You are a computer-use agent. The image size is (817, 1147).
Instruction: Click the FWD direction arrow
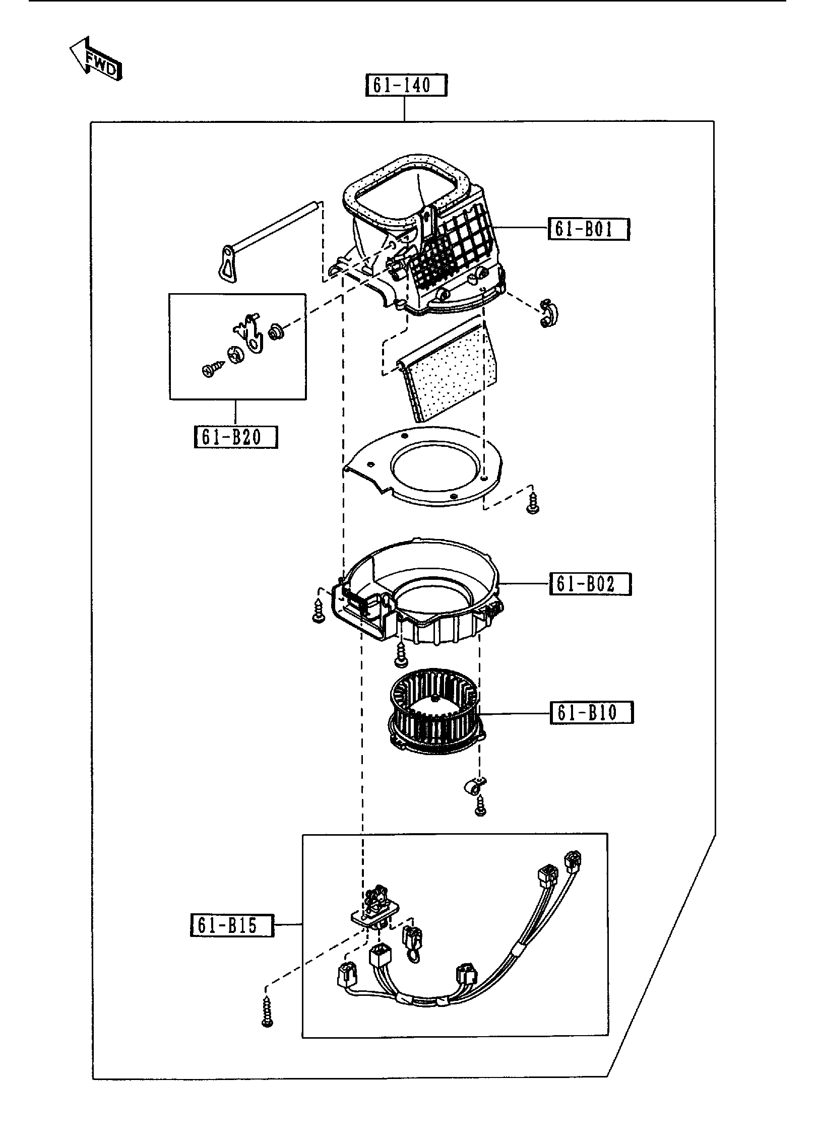tap(96, 59)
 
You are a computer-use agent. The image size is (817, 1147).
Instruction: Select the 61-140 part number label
tap(406, 85)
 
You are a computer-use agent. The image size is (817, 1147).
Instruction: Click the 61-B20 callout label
tap(236, 437)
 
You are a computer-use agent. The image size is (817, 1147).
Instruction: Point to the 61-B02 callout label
tap(590, 584)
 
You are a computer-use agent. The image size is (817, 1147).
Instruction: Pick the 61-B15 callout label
tap(232, 925)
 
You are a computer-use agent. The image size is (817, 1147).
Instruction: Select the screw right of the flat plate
tap(532, 503)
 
